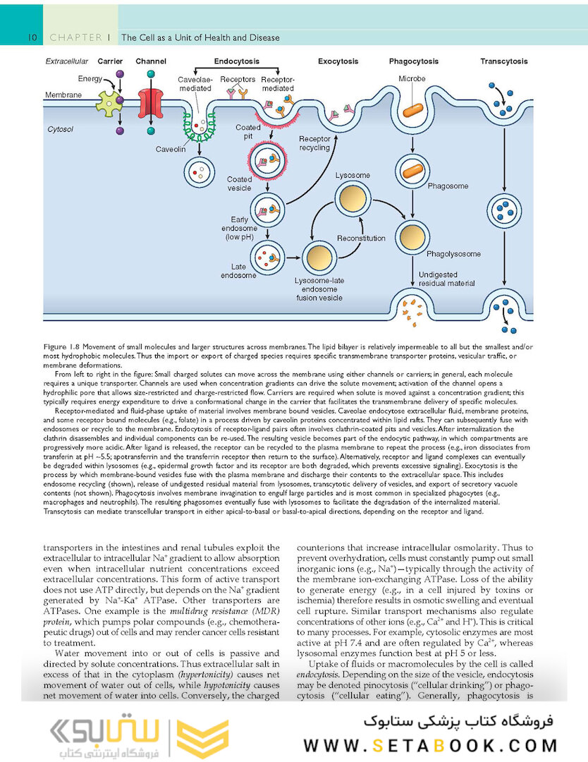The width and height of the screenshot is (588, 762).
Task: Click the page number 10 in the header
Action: coord(32,37)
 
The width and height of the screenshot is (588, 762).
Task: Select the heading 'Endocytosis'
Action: coord(236,62)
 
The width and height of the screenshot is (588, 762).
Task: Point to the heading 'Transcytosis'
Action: coord(504,62)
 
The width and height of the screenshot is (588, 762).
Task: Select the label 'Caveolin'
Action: coord(171,150)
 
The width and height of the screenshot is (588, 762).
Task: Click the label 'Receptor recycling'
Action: coord(314,143)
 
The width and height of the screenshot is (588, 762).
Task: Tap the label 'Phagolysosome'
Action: coord(453,253)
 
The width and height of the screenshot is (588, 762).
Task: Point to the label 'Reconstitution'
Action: coord(361,238)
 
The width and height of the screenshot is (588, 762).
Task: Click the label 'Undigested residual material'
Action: coord(447,279)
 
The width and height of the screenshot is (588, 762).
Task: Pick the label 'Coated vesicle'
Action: coord(239,184)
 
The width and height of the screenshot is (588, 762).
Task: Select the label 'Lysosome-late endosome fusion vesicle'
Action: coord(318,289)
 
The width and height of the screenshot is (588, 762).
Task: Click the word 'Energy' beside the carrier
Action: coord(90,78)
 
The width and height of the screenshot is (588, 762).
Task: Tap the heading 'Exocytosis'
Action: coord(338,62)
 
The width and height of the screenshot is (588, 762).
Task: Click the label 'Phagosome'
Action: coord(448,186)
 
